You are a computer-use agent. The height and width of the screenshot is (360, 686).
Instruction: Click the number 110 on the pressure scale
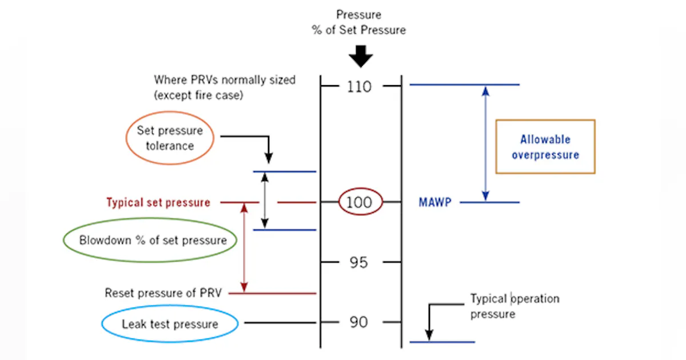tap(359, 87)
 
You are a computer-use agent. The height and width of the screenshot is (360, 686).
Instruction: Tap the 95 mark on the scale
tap(359, 263)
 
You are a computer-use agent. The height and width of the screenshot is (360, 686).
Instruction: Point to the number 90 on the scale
tap(359, 322)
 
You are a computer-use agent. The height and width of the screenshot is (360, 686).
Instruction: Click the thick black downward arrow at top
tap(361, 57)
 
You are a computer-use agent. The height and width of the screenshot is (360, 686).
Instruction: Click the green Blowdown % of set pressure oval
tap(153, 241)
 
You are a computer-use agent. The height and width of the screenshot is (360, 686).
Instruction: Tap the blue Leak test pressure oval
tap(170, 325)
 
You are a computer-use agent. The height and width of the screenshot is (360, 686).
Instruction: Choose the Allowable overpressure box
tap(545, 147)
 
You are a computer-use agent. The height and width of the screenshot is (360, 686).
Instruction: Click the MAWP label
tap(434, 202)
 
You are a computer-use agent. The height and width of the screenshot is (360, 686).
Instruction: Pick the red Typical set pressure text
tap(158, 202)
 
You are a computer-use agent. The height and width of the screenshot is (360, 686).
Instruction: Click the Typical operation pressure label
tap(514, 306)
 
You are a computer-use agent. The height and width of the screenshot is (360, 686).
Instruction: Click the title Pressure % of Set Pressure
tap(359, 22)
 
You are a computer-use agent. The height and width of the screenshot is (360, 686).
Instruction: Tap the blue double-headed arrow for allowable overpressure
tap(485, 143)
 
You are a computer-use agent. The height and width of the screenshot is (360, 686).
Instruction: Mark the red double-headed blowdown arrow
tap(244, 247)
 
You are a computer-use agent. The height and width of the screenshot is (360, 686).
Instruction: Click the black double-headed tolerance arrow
tap(264, 200)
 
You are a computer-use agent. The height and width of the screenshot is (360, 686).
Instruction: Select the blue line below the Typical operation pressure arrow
tap(442, 342)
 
